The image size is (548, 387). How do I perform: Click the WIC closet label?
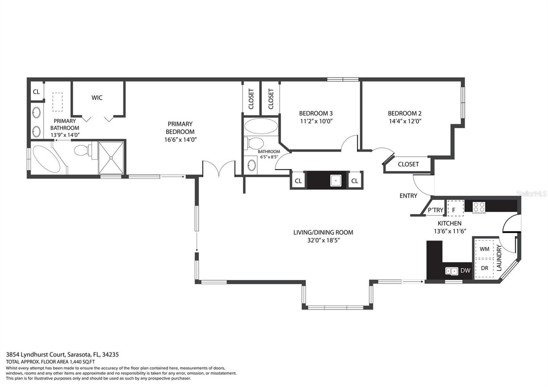coord(97,98)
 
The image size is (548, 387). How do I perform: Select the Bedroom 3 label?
coord(316,113)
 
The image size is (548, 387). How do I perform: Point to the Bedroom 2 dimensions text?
coord(405,121)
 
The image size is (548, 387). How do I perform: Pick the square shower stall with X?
coord(111,158)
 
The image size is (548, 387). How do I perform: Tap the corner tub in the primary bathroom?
coord(47,159)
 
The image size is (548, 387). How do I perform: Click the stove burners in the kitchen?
coord(479,207)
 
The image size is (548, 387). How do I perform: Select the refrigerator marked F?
coord(456,209)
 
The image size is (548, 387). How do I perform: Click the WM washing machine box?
coord(484,249)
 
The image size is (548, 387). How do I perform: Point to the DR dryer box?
coord(484,268)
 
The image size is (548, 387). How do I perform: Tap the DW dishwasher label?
coord(465,270)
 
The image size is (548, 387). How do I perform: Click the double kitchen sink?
coord(452,271)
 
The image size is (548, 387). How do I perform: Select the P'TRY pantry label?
coord(435,210)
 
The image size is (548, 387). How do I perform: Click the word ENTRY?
coord(408,196)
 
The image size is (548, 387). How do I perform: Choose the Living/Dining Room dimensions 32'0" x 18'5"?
coord(323,240)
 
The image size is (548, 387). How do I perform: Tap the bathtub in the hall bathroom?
coord(261,126)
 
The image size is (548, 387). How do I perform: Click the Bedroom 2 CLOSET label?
coord(408,164)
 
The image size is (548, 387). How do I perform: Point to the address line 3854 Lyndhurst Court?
coord(36,354)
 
